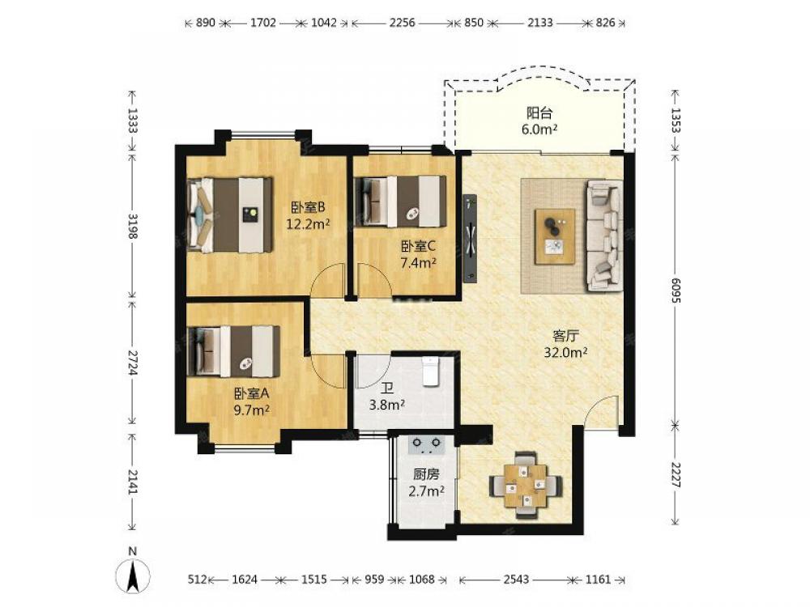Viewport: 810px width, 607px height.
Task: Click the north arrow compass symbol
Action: [133, 575]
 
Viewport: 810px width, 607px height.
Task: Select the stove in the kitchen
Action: [426, 445]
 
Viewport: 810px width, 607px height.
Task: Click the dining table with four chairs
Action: [526, 485]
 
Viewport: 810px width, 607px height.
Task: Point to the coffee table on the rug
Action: [556, 237]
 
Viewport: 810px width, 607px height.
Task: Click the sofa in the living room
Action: [605, 236]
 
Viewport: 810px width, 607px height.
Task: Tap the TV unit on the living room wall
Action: [470, 239]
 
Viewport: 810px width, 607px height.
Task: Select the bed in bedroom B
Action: [230, 214]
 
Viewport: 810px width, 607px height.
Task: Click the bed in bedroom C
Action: [400, 202]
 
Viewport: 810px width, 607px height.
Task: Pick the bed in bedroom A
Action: [233, 351]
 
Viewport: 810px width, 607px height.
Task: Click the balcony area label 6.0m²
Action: [539, 129]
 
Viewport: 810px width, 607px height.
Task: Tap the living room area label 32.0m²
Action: [565, 353]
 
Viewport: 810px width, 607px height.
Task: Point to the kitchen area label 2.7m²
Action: [427, 491]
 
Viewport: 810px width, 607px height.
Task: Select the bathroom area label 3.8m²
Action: [386, 405]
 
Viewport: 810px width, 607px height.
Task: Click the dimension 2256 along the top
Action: [403, 23]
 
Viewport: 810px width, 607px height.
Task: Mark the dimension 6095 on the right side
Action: [676, 291]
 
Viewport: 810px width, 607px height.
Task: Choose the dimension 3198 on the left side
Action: [133, 226]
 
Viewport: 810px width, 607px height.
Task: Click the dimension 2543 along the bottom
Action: [516, 579]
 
